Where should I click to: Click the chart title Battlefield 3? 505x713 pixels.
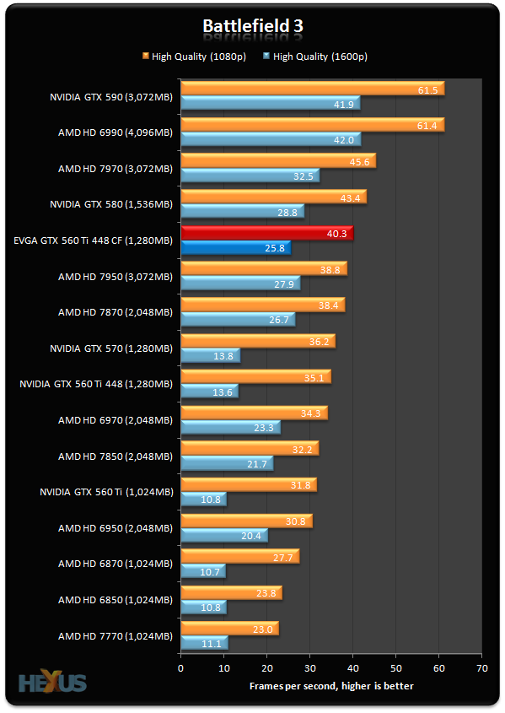coord(252,26)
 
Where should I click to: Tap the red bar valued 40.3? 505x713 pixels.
coord(266,234)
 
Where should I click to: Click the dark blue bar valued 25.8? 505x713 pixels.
coord(235,248)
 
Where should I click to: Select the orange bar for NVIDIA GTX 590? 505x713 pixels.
coord(312,89)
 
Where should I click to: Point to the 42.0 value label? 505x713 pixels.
coord(344,140)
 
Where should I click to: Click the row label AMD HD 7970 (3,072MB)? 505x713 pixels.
coord(115,169)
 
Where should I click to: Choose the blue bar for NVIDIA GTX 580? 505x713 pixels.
coord(242,212)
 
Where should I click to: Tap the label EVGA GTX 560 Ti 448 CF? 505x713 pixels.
coord(93,240)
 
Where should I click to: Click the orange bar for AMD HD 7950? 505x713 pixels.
coord(263,269)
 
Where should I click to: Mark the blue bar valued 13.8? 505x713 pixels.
coord(210,355)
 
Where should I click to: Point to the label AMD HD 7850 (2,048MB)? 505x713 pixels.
coord(115,456)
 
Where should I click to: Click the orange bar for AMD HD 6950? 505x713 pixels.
coord(246,521)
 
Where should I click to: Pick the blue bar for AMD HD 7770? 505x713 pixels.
coord(204,643)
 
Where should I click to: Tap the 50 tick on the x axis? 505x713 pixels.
coord(395,667)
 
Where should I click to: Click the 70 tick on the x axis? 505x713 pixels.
coord(481,667)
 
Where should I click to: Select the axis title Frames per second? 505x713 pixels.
coord(330,686)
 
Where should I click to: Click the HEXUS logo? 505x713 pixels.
coord(52,681)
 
